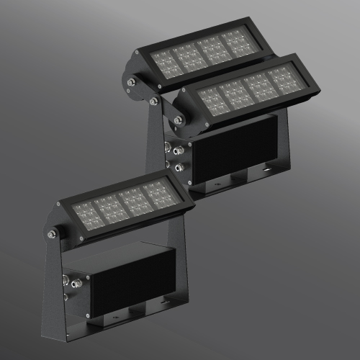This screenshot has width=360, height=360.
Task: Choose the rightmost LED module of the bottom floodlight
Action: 156,194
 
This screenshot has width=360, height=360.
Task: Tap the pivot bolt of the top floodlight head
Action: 132,84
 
